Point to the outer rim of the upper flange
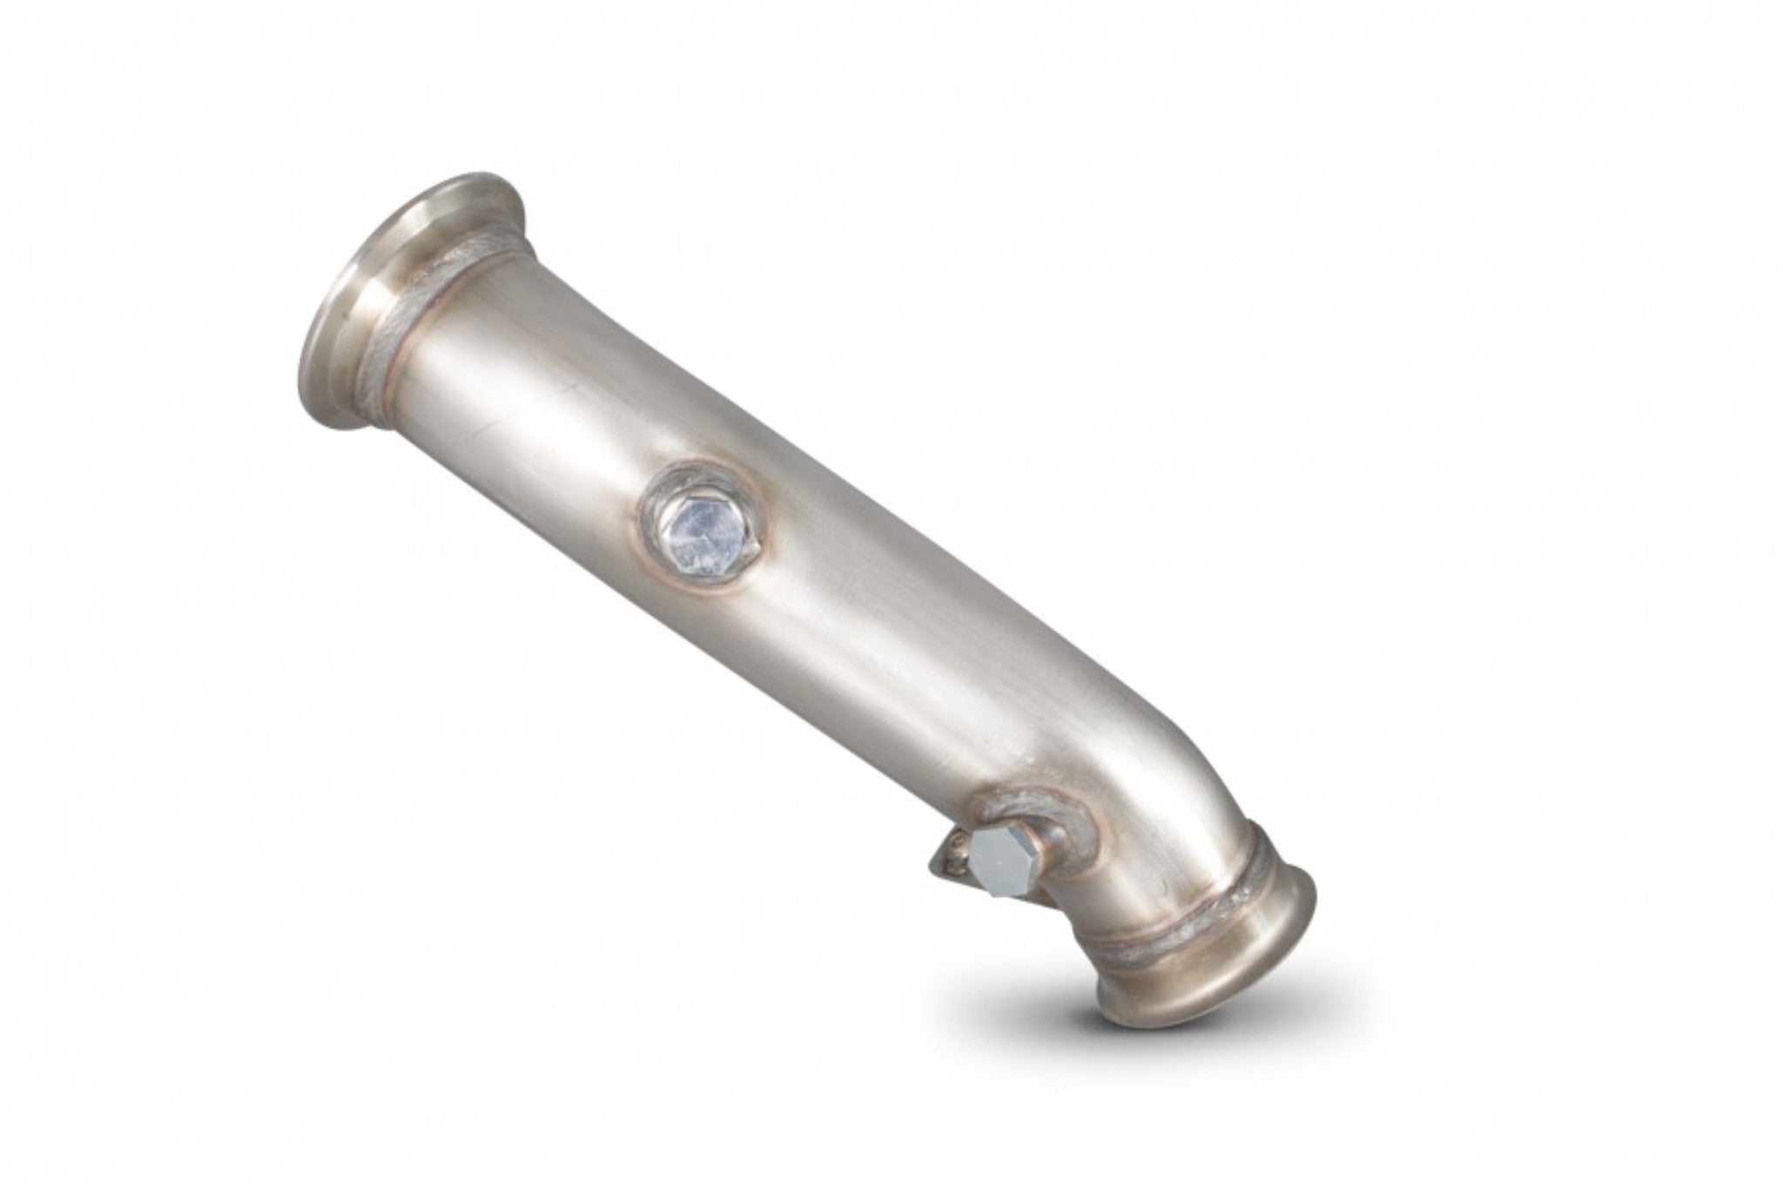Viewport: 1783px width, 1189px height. pos(326,279)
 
